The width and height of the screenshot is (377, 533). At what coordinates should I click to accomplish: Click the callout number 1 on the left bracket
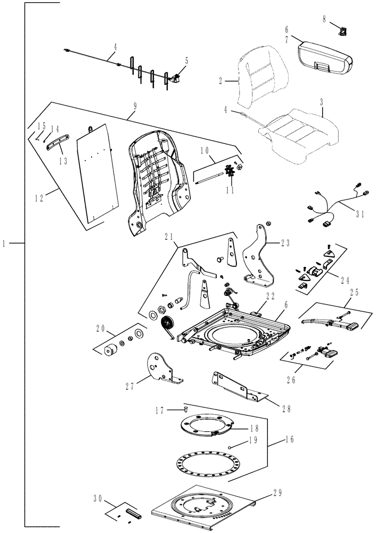tap(5, 243)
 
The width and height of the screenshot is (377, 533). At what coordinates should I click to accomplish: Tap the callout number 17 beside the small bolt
tap(159, 410)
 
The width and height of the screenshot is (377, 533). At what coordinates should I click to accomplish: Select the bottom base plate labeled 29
tap(202, 506)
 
